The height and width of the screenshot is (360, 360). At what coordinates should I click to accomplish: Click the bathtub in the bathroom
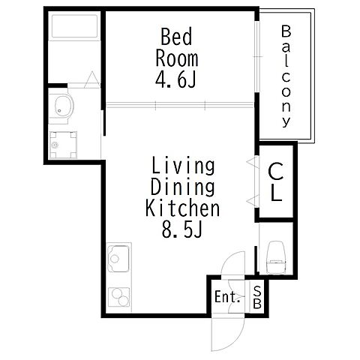point(74,26)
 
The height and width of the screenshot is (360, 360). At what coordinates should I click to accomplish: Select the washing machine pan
point(63,145)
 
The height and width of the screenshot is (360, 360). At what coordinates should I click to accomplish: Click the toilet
point(276,257)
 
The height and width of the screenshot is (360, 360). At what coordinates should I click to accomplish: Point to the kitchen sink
point(118,259)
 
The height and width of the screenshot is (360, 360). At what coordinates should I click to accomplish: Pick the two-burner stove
point(118,297)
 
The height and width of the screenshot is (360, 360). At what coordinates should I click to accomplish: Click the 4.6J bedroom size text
point(175,79)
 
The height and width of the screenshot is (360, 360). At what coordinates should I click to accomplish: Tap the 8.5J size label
point(181,229)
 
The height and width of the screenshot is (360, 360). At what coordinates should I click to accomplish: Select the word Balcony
point(286,76)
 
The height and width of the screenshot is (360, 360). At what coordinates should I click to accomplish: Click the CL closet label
point(276,181)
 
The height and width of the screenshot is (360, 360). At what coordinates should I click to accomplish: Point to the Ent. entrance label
point(227,297)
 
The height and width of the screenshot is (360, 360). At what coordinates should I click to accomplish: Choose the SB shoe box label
point(257,297)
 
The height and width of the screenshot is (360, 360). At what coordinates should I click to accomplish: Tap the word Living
point(183,166)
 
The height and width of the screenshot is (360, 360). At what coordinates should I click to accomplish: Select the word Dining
point(183,187)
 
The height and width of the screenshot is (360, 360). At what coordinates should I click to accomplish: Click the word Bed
point(176,37)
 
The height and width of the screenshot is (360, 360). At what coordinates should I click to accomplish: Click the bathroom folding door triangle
point(91,79)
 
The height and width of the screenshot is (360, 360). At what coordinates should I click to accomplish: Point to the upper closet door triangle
point(251,161)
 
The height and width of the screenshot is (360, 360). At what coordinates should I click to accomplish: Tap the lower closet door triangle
point(251,200)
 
